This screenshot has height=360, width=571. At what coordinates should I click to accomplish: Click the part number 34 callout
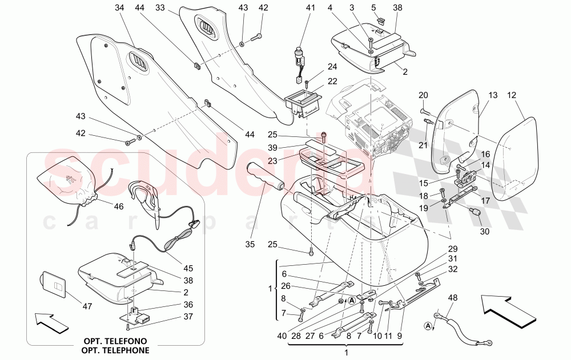point(119,8)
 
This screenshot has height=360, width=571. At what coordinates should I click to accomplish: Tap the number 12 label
point(511,95)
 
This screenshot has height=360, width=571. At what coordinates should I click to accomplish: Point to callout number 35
point(249,245)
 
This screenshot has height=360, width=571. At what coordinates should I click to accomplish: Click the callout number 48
point(453,298)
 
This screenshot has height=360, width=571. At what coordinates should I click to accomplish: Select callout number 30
point(485,232)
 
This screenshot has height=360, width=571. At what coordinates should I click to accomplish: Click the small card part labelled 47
point(53,284)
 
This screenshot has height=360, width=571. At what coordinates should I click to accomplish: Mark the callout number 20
point(423,95)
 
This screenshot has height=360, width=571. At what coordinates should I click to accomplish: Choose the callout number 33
point(160,8)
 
